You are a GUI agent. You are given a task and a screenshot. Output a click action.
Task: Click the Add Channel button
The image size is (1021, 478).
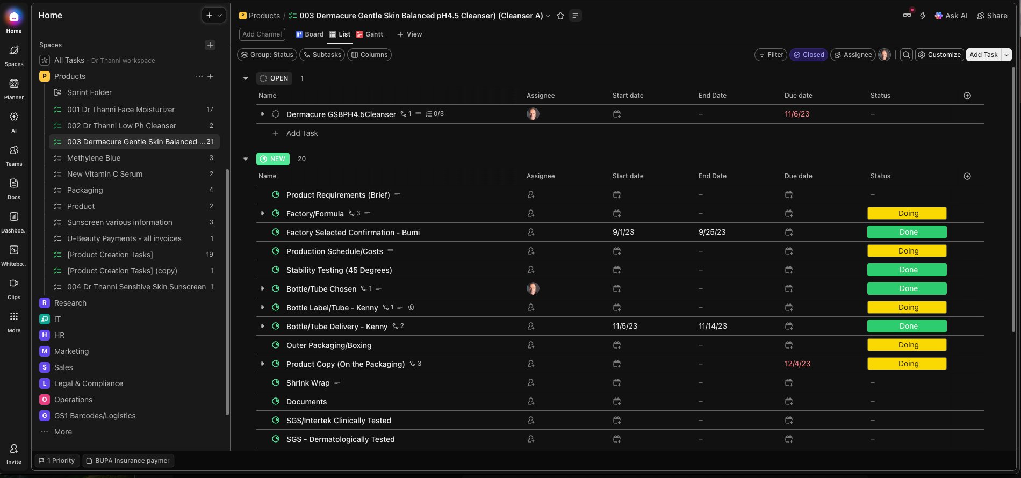[x=262, y=34]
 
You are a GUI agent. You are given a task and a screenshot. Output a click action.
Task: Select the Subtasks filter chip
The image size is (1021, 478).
[x=322, y=55]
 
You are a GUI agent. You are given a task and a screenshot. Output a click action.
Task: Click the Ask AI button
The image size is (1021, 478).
[x=951, y=16]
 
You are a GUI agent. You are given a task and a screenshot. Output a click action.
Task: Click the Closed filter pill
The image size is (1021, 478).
[x=808, y=55]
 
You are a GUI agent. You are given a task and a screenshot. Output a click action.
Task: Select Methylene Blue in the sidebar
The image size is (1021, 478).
[x=94, y=158]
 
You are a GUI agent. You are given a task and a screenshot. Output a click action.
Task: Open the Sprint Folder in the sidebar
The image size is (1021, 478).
[x=89, y=92]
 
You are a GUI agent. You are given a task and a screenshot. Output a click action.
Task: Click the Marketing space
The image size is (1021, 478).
[x=71, y=351]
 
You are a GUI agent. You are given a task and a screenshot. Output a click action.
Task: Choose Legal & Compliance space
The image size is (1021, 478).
[x=88, y=383]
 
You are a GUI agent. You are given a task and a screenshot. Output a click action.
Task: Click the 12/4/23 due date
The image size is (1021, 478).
[x=797, y=364]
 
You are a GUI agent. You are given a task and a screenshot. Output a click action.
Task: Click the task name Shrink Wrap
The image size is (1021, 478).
[x=307, y=383]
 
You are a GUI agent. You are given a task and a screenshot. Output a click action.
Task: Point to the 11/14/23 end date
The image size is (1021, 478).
[x=713, y=327]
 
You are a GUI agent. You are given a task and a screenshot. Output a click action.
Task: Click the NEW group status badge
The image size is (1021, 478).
[x=273, y=159]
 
